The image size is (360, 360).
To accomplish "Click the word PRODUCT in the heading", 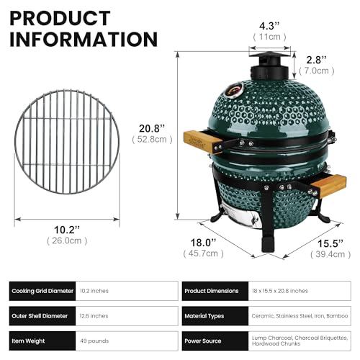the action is click(60, 18).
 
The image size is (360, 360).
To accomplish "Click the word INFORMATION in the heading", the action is click(84, 39).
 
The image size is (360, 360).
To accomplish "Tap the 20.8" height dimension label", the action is click(152, 129).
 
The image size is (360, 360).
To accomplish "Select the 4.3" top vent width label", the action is click(269, 26).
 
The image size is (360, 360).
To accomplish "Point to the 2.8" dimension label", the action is click(317, 60).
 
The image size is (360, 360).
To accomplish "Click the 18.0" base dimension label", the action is click(203, 243).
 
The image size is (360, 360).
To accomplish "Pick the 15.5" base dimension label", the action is click(330, 243).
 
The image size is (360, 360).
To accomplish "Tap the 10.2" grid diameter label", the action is click(67, 230).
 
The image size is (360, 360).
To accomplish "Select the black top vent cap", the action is click(269, 66).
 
